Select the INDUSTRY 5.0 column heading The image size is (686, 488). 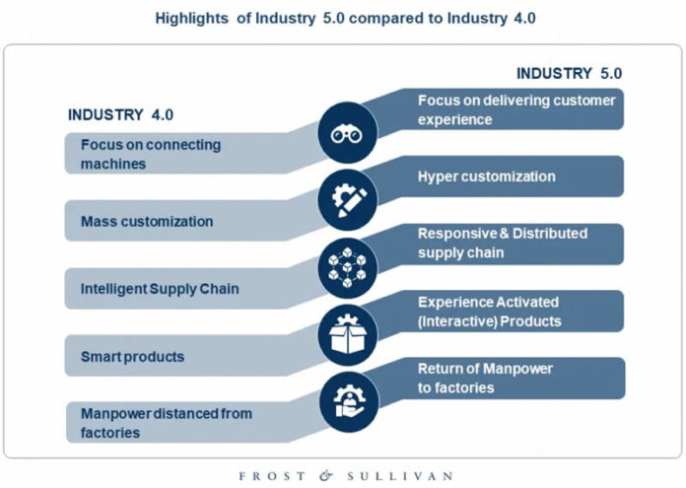coord(569,73)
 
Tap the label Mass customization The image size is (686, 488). coord(146,222)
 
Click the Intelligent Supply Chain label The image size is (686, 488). coord(160,289)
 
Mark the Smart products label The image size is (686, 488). coord(132,356)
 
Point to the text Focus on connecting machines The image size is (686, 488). coord(150,155)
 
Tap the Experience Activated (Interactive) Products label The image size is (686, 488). coord(489,313)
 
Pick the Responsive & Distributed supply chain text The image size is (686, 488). coord(502,243)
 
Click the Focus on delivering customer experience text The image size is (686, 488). coord(515,109)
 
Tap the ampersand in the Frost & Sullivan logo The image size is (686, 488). coord(326,476)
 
